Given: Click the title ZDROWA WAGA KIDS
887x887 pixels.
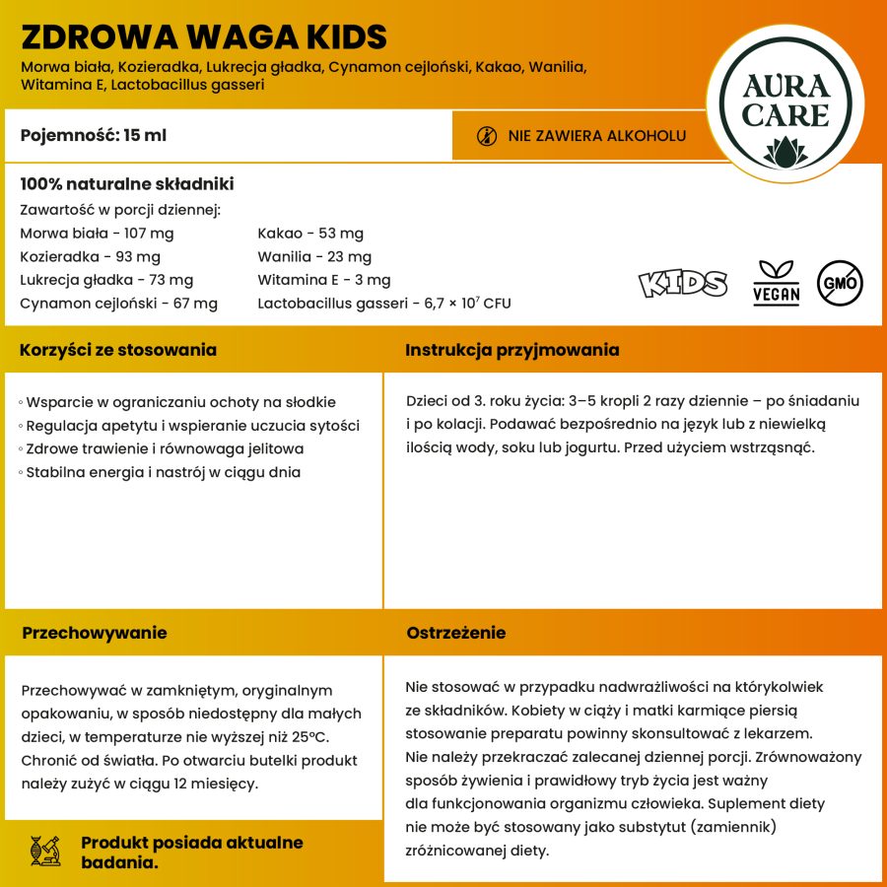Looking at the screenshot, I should tap(203, 36).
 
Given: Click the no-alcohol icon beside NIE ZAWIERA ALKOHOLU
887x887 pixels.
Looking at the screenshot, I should tap(487, 136).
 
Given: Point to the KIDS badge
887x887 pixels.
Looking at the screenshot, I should tap(683, 283).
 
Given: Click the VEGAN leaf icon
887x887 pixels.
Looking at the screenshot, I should tap(776, 283).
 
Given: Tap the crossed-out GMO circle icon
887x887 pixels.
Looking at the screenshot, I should tap(841, 283).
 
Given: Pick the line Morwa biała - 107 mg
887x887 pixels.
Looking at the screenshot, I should tap(97, 234).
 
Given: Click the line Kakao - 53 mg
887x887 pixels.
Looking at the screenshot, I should tap(310, 234).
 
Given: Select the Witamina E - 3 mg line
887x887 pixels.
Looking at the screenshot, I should tap(324, 280).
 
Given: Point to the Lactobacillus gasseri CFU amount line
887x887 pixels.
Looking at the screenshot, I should tap(384, 304).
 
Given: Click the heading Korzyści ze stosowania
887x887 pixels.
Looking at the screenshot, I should tap(118, 350).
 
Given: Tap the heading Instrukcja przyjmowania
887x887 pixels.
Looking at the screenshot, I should tap(512, 350).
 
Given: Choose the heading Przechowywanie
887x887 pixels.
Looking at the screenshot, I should tap(95, 633).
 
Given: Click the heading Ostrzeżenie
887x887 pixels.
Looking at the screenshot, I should tap(456, 633).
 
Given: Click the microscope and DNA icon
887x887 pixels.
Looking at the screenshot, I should tap(46, 851).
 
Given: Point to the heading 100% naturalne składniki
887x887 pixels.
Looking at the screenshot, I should tap(126, 184).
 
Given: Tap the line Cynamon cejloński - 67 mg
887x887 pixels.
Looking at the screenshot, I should tap(118, 304).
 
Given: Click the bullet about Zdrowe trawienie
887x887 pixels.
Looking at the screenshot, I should tap(164, 448).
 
